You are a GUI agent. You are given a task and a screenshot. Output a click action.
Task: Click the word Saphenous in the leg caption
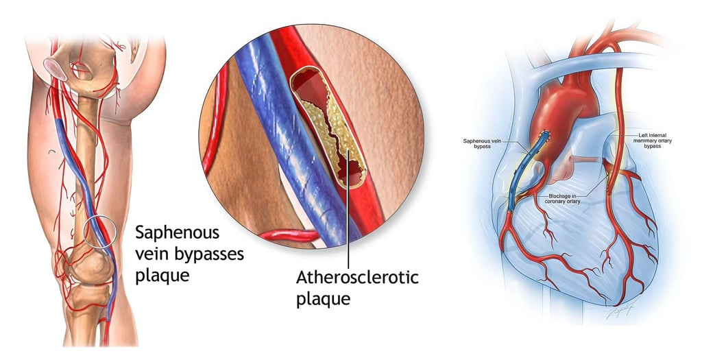[x=169, y=231]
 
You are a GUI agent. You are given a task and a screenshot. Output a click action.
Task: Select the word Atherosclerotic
[x=356, y=278]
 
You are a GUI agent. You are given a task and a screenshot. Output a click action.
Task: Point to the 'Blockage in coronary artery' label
[x=564, y=199]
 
